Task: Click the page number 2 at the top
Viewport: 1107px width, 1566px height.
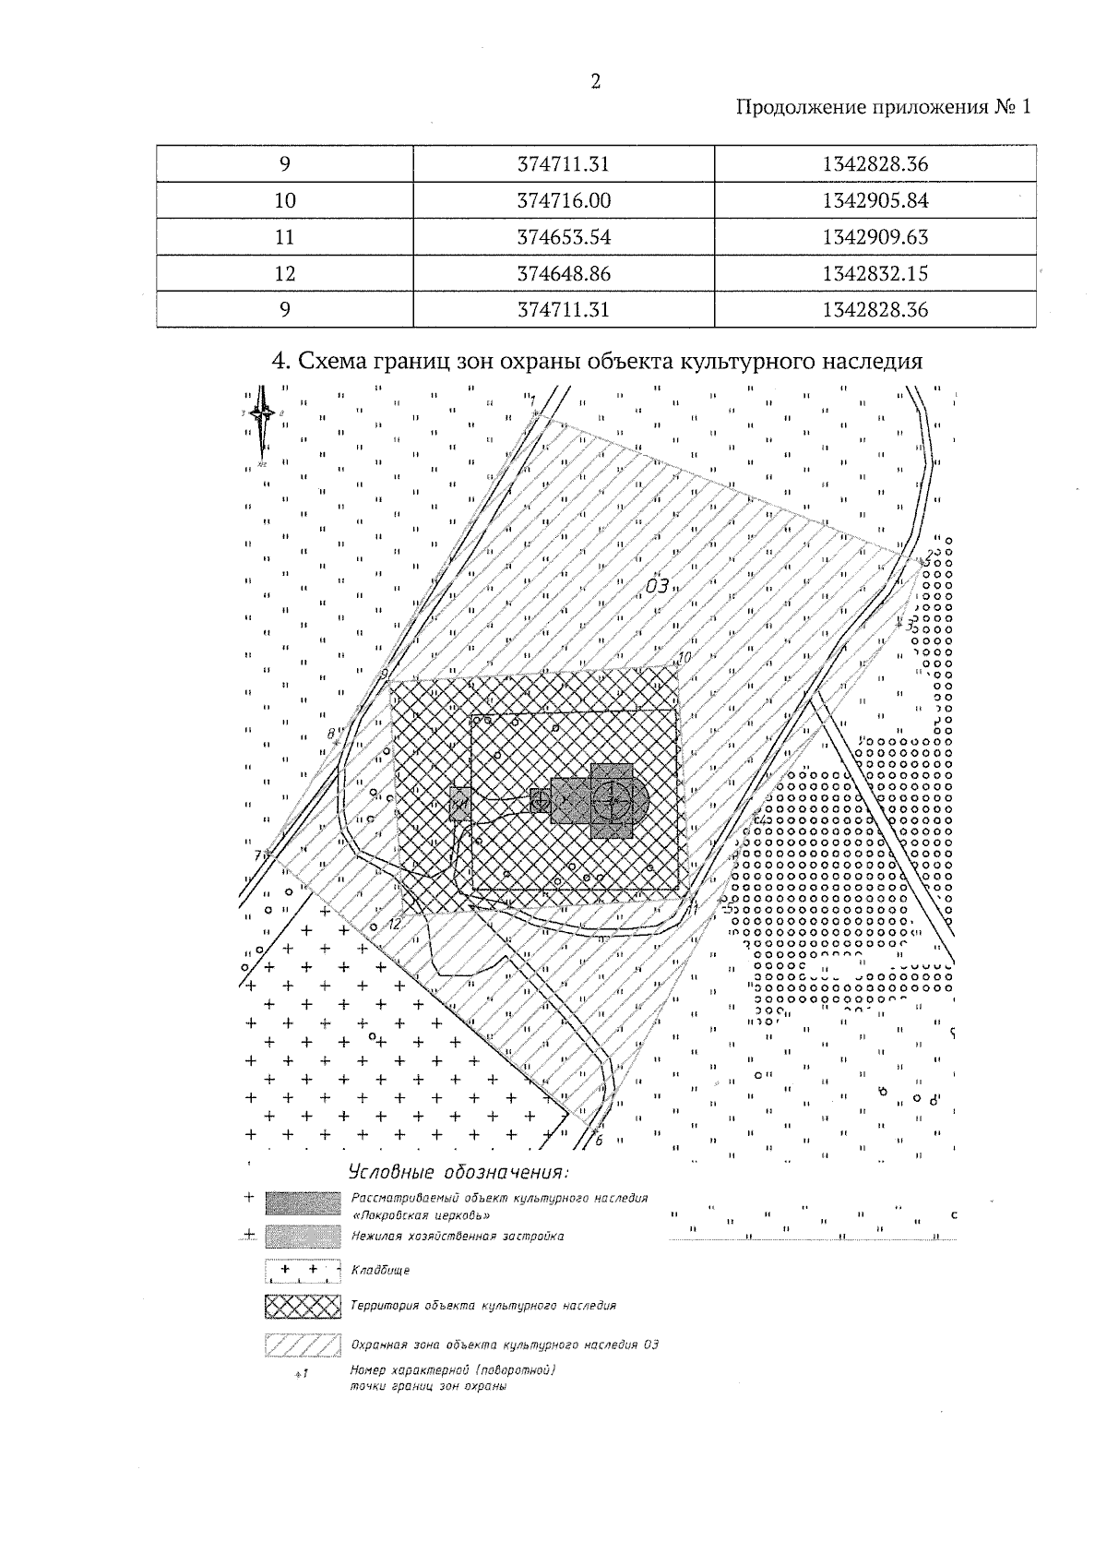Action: (x=595, y=82)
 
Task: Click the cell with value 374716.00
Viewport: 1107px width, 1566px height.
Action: (x=564, y=201)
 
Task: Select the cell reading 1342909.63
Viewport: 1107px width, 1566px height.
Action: (x=875, y=237)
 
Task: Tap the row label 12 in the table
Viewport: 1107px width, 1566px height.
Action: (x=285, y=273)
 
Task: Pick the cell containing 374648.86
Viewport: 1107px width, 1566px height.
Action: (x=564, y=273)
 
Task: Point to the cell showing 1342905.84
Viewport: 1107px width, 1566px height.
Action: (x=875, y=201)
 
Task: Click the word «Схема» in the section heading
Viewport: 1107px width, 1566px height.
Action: (x=330, y=361)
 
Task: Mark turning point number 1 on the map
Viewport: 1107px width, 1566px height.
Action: (x=532, y=401)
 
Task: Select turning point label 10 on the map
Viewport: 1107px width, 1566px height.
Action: (x=684, y=658)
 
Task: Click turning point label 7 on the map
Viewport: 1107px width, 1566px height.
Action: (x=257, y=855)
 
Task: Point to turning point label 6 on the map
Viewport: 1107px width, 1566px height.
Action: (x=598, y=1140)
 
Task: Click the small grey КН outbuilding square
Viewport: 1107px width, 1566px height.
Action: (x=459, y=804)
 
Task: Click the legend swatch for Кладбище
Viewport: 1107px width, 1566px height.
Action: (x=303, y=1271)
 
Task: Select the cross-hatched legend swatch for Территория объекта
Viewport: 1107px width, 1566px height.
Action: (x=303, y=1306)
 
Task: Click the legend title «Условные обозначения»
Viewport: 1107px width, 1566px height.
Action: (x=458, y=1173)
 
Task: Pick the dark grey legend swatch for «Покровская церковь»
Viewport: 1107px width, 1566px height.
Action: (x=303, y=1203)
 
